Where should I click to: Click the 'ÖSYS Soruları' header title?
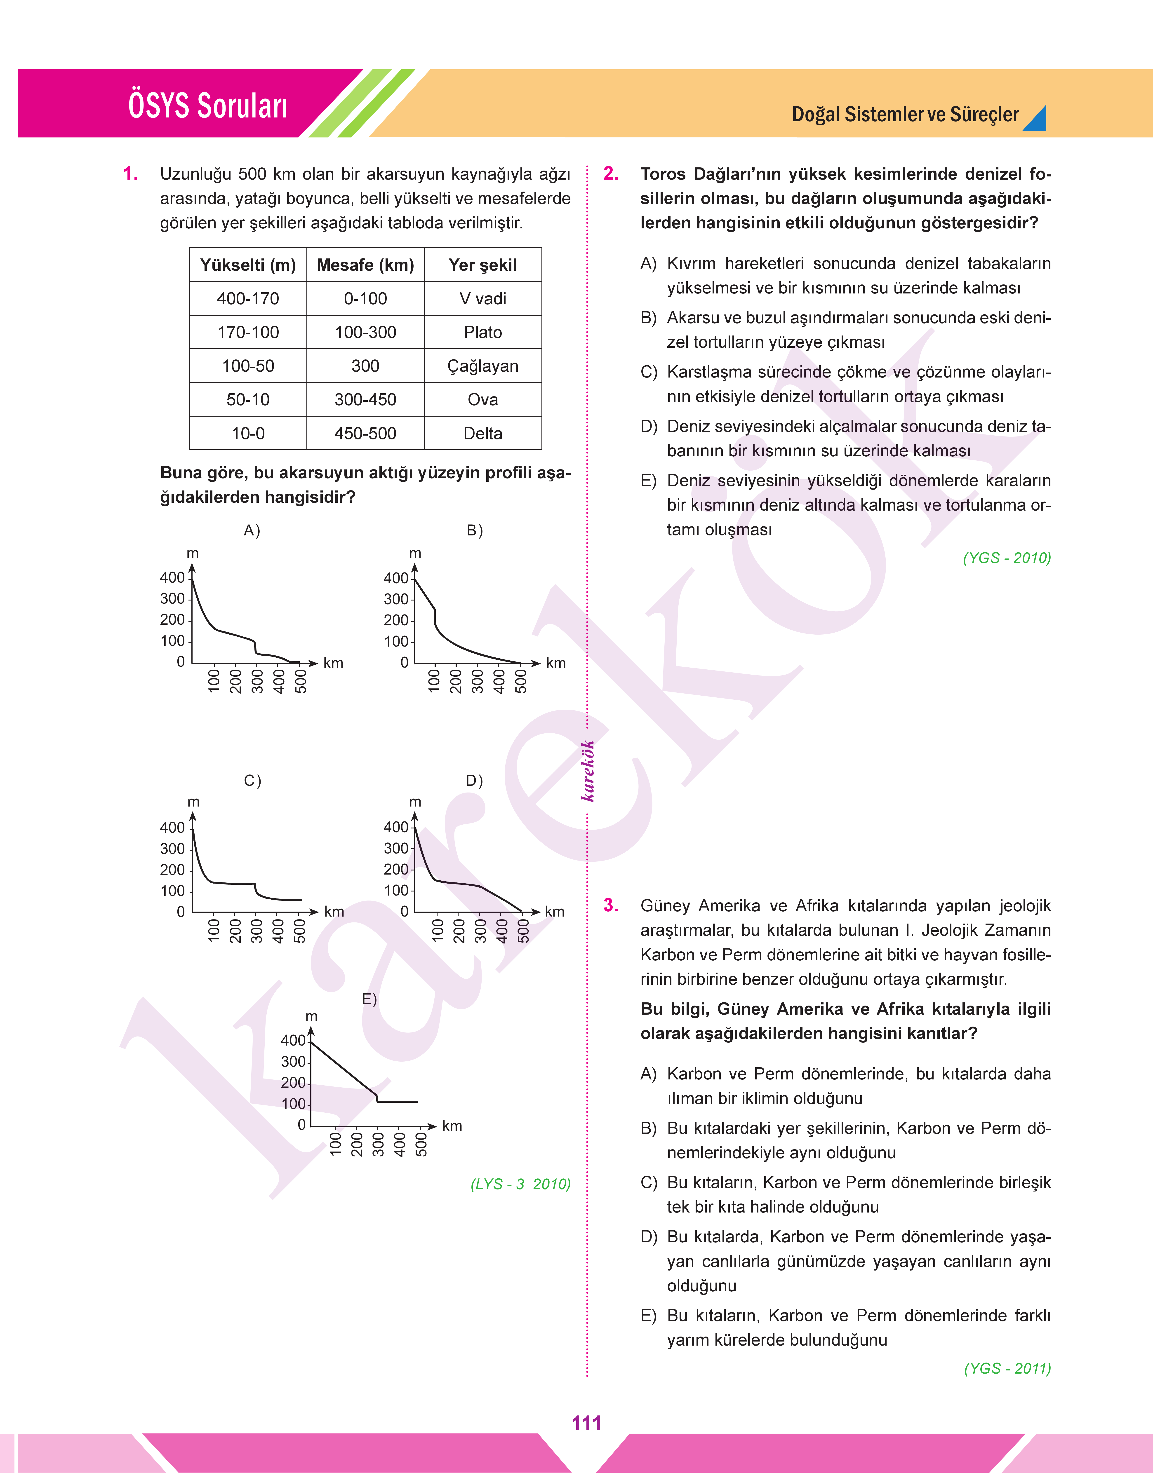coord(208,106)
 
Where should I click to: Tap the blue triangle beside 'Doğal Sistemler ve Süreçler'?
coord(1036,118)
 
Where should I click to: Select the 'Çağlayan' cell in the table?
coord(483,366)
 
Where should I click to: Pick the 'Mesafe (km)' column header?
coord(365,265)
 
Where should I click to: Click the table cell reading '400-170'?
coord(248,298)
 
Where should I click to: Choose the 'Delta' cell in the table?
coord(483,433)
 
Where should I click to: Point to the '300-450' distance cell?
coord(365,399)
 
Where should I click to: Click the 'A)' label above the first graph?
coord(252,530)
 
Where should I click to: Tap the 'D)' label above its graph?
coord(475,781)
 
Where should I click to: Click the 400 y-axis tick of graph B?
coord(395,578)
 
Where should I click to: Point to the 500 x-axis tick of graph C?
coord(300,931)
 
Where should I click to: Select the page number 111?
coord(586,1423)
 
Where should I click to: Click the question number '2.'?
coord(611,174)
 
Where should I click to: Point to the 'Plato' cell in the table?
coord(483,332)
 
